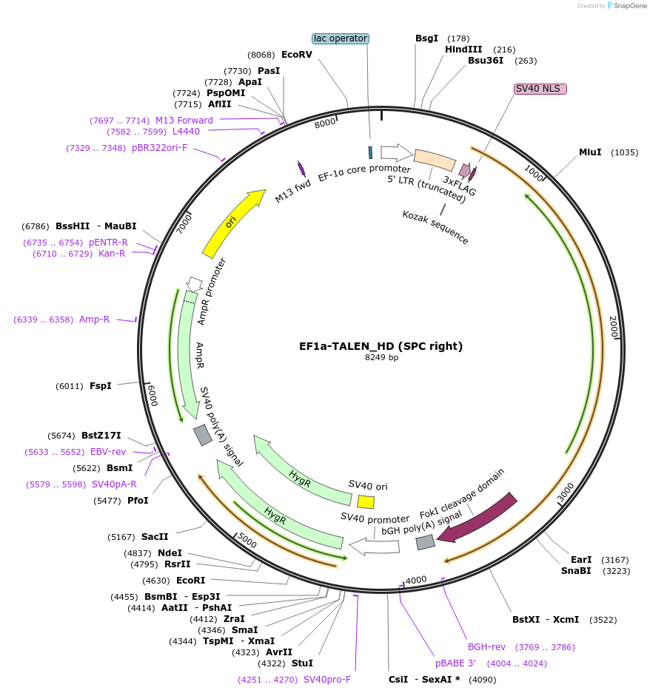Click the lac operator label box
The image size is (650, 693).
click(x=341, y=38)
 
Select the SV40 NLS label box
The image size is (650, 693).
click(x=540, y=89)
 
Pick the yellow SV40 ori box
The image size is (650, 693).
click(x=366, y=501)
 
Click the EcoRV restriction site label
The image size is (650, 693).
click(x=297, y=55)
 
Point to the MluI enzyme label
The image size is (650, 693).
click(x=590, y=152)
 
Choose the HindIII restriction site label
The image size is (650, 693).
click(x=463, y=49)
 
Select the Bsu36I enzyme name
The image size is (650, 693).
click(x=486, y=61)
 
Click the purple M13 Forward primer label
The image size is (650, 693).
click(x=184, y=121)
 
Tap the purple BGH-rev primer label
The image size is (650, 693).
click(x=486, y=647)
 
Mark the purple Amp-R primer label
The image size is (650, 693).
click(x=94, y=320)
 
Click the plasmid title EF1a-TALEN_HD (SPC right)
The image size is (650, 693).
click(x=381, y=345)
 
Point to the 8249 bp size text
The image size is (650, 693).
click(x=381, y=358)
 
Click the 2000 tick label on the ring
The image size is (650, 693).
click(x=613, y=327)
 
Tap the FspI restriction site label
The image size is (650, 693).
click(x=101, y=386)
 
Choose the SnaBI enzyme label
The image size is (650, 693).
click(x=576, y=571)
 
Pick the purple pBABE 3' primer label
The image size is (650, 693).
click(x=455, y=663)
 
